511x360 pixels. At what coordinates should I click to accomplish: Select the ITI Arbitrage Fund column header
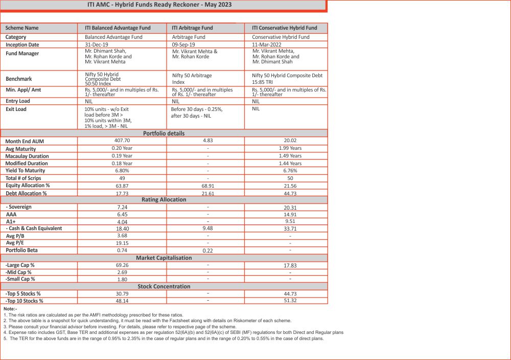(192, 28)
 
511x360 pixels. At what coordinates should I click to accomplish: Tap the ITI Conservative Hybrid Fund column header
(285, 28)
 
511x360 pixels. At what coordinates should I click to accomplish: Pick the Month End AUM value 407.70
(122, 140)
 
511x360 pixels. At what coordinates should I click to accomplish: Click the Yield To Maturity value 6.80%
(122, 170)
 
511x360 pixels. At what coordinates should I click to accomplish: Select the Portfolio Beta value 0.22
(208, 251)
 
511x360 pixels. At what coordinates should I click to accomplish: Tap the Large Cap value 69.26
(122, 265)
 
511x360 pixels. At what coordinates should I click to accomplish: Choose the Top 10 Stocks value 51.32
(290, 301)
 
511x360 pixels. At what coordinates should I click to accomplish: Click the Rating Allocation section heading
(164, 199)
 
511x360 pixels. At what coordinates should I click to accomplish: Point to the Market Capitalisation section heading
(164, 258)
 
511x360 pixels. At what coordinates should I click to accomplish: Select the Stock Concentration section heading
(164, 286)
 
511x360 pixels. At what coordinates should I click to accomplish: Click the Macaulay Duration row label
(27, 156)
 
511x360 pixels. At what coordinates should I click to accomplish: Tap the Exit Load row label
(16, 109)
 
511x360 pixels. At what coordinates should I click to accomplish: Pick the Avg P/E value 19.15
(122, 243)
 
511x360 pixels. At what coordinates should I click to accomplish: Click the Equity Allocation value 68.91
(208, 185)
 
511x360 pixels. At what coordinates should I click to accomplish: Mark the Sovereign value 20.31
(290, 207)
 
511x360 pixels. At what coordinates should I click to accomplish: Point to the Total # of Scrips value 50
(290, 178)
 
